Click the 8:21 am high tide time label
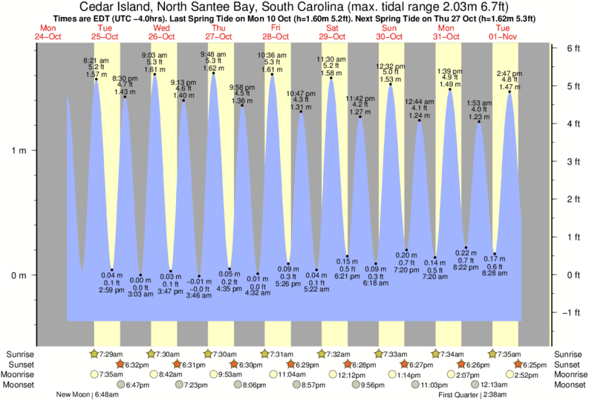[97, 60]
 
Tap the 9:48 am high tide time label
[215, 54]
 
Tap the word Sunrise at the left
[19, 353]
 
